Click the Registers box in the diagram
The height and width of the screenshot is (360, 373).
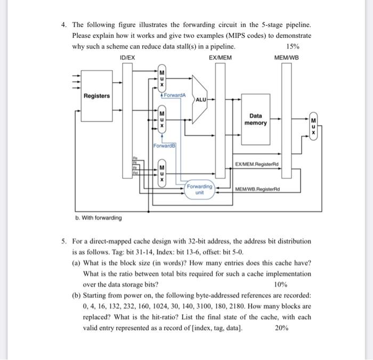pyautogui.click(x=96, y=96)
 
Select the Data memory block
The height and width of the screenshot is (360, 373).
pyautogui.click(x=256, y=119)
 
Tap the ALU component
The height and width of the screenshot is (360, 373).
pyautogui.click(x=201, y=100)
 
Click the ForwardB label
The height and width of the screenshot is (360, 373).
pyautogui.click(x=165, y=145)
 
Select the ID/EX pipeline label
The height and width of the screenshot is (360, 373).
pyautogui.click(x=128, y=57)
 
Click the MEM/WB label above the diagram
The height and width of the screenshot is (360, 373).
pyautogui.click(x=287, y=57)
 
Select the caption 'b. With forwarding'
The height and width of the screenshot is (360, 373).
pyautogui.click(x=99, y=217)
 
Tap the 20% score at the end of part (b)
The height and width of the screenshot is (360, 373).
pyautogui.click(x=282, y=328)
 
